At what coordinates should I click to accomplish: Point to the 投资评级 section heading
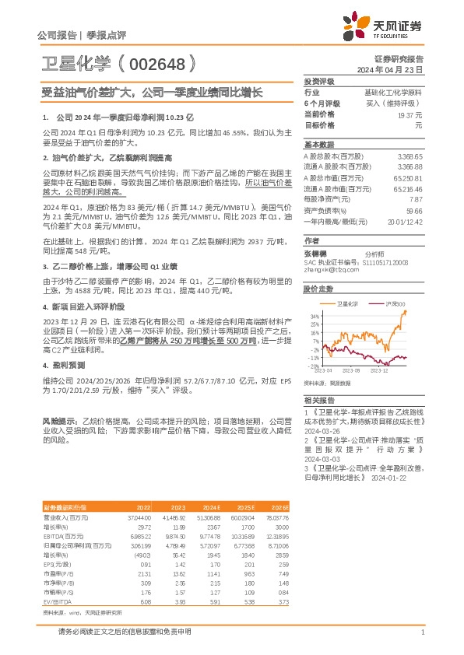(318, 81)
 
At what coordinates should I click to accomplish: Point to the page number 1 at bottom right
(421, 632)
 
